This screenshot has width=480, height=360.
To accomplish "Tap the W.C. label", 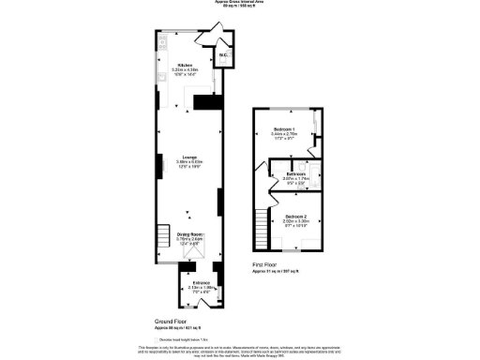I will tap(223, 56).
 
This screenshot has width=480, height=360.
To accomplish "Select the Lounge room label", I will tap(187, 157).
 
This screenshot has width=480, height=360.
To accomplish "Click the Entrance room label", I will tap(202, 281).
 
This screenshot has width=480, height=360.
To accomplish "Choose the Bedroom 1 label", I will tap(284, 128).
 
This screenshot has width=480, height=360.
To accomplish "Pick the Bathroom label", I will tap(297, 174).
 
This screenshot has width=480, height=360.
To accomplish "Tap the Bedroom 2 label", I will tap(296, 217).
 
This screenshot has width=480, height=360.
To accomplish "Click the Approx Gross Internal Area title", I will tap(240, 3).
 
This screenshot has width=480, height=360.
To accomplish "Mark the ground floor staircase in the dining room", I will tap(165, 233).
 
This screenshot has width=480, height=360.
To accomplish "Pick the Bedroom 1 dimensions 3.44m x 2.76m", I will tap(284, 134).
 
